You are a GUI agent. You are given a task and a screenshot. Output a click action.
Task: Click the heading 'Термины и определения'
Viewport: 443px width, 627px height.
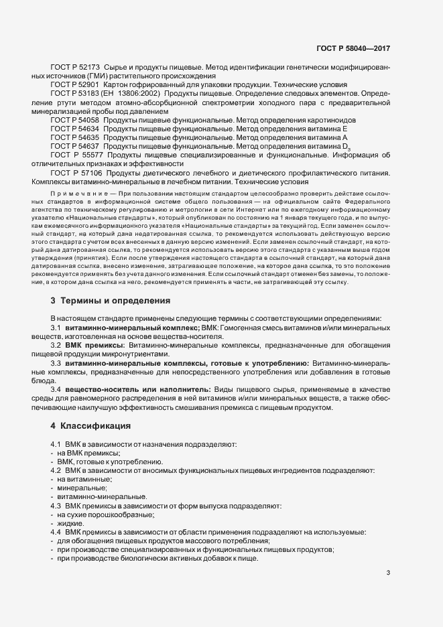pos(111,301)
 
